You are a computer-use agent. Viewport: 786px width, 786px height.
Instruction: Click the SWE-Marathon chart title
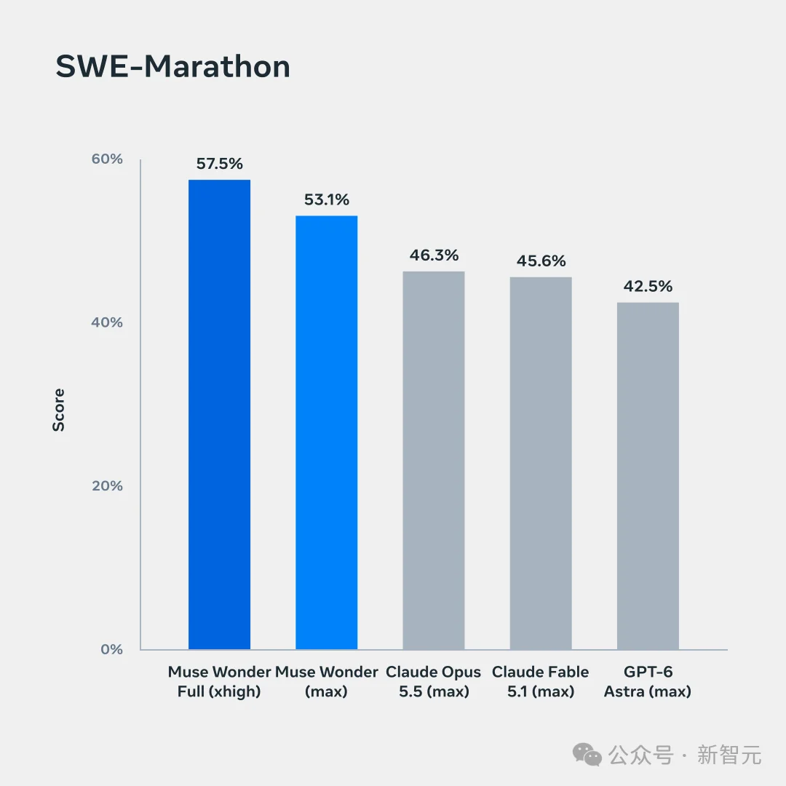(x=173, y=66)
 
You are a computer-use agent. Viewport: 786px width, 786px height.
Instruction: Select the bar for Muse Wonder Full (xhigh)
(x=220, y=415)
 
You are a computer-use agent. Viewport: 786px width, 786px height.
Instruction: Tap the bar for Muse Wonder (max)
(x=326, y=432)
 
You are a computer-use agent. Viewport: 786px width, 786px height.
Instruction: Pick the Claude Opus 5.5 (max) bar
(x=434, y=460)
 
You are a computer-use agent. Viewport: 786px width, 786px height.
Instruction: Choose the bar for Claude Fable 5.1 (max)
(x=541, y=463)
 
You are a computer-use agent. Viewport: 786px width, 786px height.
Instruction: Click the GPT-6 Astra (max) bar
(x=648, y=476)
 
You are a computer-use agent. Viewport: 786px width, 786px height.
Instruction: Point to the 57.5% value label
(x=220, y=164)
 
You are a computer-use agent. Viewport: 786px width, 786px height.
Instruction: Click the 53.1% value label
(x=327, y=199)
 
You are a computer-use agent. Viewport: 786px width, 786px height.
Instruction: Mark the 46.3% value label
(x=434, y=255)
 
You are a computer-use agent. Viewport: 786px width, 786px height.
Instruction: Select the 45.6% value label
(x=541, y=261)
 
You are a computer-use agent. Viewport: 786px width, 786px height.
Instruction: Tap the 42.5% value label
(x=648, y=286)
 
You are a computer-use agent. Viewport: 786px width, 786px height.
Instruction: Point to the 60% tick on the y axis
(x=107, y=159)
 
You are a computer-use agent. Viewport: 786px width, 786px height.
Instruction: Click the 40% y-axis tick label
(x=107, y=322)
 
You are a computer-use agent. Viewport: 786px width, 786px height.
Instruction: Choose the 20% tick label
(x=107, y=485)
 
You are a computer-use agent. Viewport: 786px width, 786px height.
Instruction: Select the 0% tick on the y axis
(x=112, y=649)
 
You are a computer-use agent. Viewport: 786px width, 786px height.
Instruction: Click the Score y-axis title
(x=59, y=410)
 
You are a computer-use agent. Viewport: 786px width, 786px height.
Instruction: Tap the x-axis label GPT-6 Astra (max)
(x=648, y=681)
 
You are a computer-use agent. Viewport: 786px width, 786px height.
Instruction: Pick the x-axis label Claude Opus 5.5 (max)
(x=434, y=681)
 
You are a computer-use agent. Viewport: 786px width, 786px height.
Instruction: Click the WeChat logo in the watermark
(x=587, y=755)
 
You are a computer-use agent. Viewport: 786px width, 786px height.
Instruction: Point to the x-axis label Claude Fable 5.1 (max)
(x=540, y=681)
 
